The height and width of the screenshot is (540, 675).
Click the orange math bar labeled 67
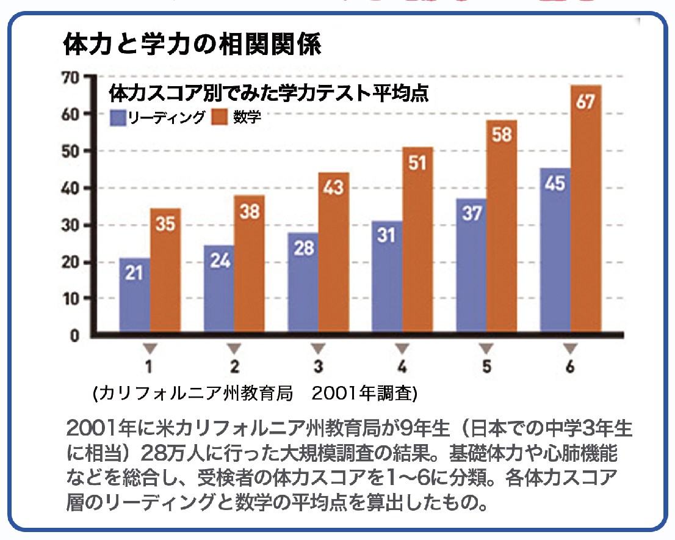pyautogui.click(x=586, y=208)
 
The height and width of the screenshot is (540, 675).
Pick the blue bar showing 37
pyautogui.click(x=471, y=266)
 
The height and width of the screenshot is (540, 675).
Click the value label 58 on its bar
pyautogui.click(x=502, y=135)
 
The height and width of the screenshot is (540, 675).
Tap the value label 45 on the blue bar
pyautogui.click(x=555, y=183)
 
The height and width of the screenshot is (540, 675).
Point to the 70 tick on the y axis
pyautogui.click(x=72, y=78)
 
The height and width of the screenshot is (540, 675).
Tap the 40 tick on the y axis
pyautogui.click(x=72, y=189)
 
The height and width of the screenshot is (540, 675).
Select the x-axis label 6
pyautogui.click(x=570, y=367)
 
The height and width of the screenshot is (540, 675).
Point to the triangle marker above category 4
pyautogui.click(x=402, y=349)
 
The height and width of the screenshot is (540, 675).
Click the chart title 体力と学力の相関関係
pyautogui.click(x=192, y=46)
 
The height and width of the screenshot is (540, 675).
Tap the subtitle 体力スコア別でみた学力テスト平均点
pyautogui.click(x=269, y=93)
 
